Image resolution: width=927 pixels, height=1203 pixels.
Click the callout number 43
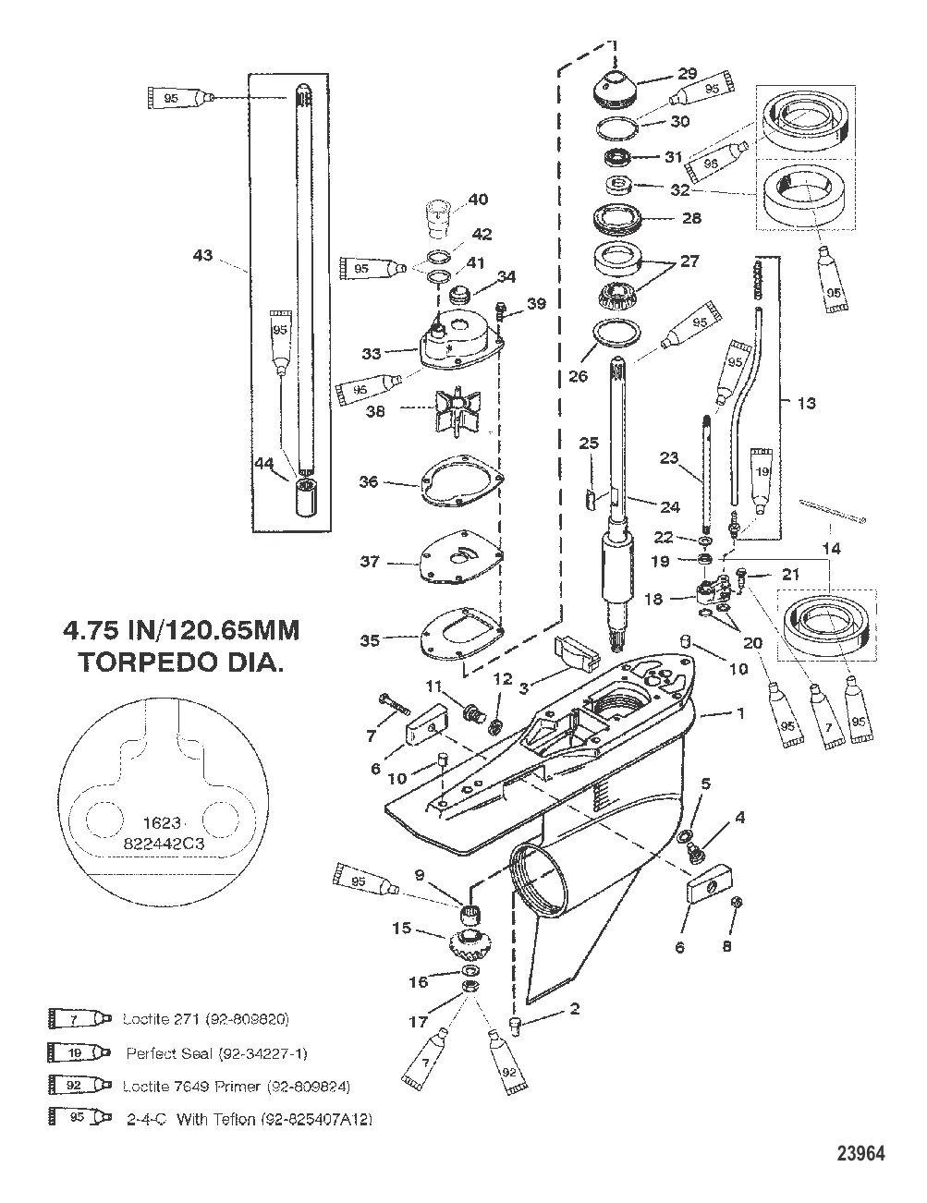(201, 256)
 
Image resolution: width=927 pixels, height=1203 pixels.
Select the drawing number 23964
(860, 1154)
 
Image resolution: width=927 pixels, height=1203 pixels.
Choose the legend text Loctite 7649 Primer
(236, 1087)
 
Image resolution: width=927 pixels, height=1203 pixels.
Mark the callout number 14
(832, 549)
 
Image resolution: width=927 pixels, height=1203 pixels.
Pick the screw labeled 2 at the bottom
(518, 1024)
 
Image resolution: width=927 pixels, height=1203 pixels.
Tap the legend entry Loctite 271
(205, 1020)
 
